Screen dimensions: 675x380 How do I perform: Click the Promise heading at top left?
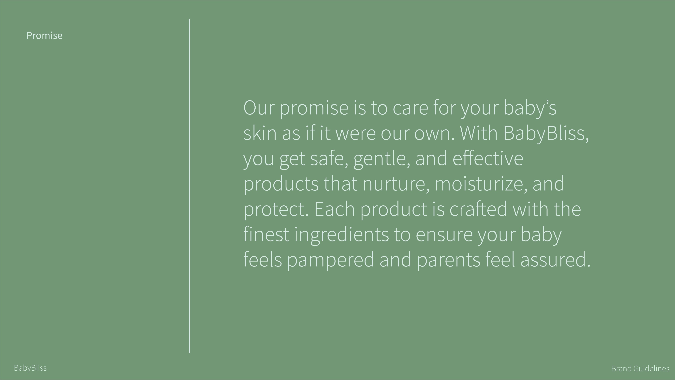click(x=44, y=35)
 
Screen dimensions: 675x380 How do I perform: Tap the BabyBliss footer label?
click(x=30, y=368)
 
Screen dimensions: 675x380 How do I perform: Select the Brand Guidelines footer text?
click(x=640, y=368)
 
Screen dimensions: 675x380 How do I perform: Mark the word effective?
click(x=488, y=158)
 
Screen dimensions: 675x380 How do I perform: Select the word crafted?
click(x=478, y=209)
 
